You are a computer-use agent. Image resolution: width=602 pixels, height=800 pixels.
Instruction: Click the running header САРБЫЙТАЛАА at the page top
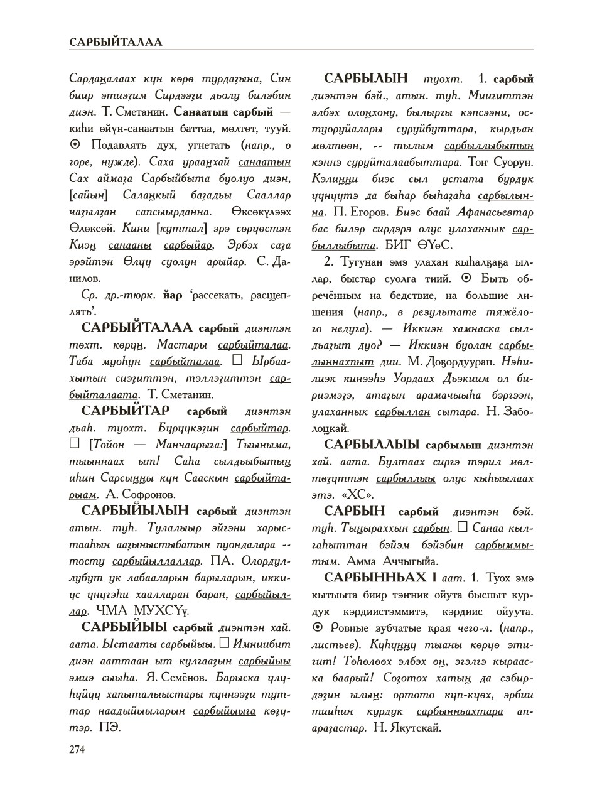point(116,43)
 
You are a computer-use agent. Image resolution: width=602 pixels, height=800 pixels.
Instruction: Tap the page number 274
point(77,749)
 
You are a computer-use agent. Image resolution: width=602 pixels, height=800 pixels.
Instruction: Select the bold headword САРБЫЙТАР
point(126,412)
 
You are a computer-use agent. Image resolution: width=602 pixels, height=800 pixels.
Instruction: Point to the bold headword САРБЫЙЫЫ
point(124,627)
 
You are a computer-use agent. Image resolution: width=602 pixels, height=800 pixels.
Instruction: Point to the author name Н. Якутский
point(408,728)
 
